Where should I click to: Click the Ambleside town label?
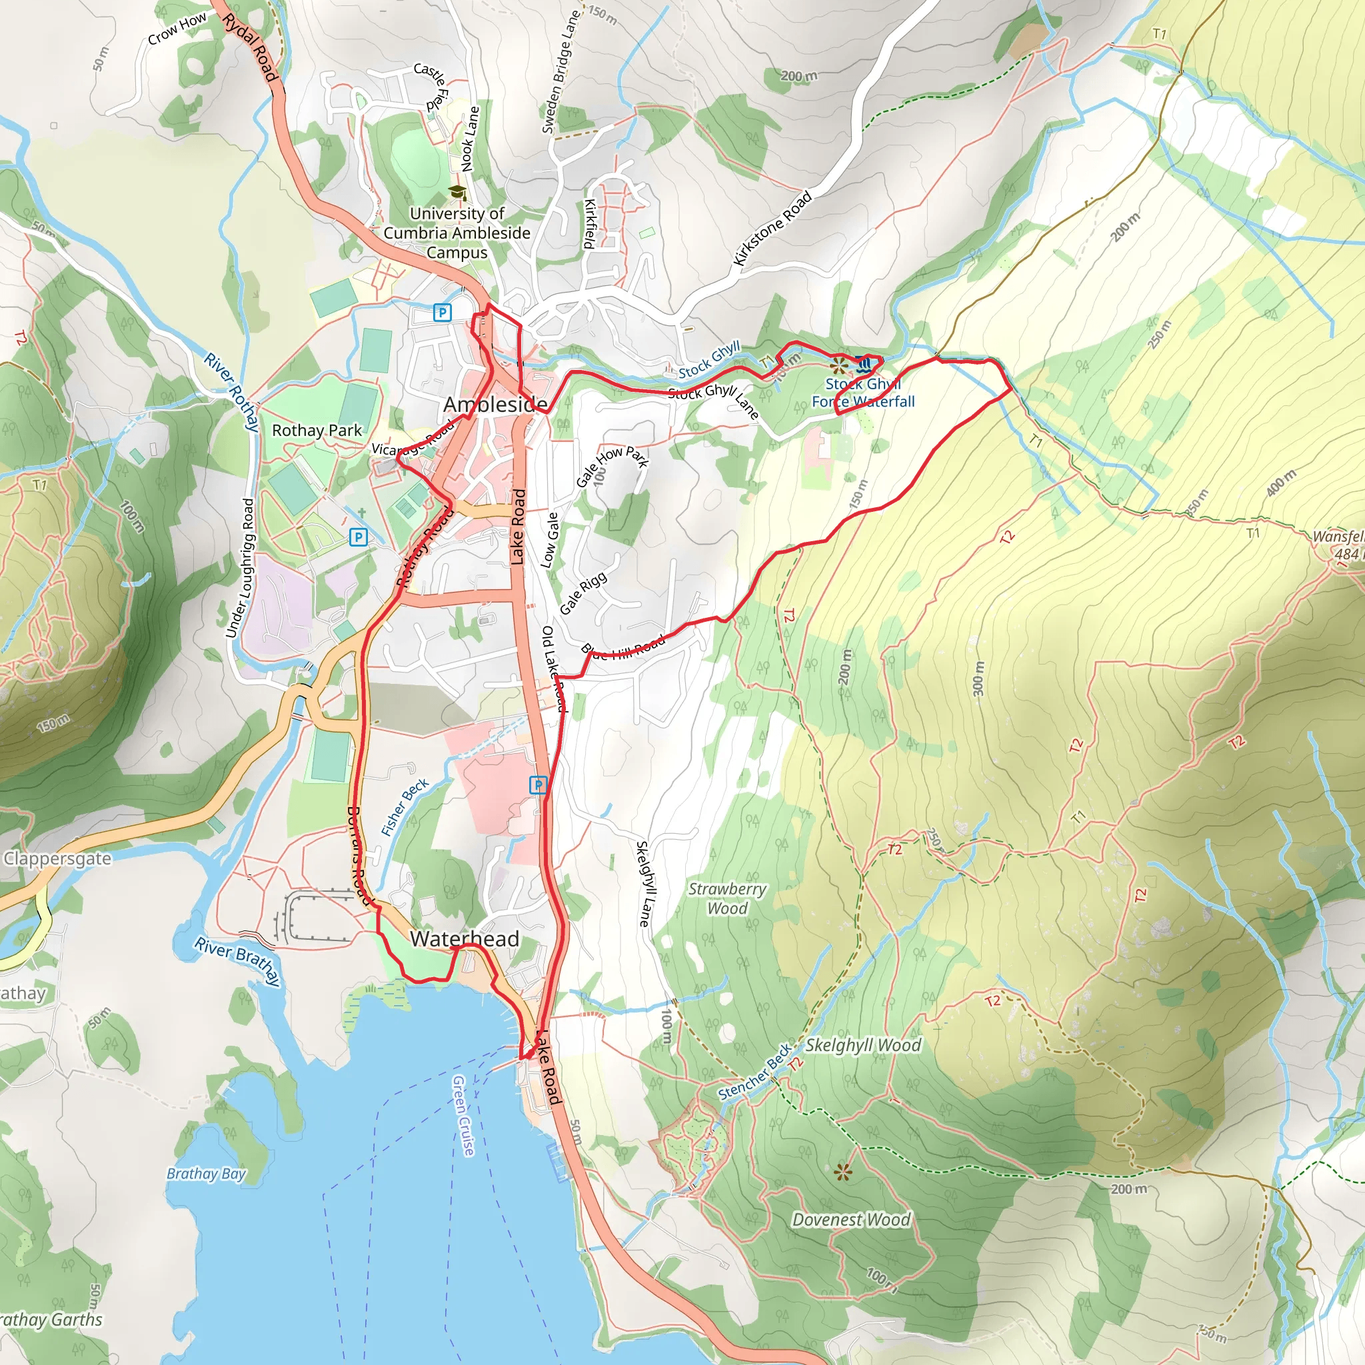(x=495, y=405)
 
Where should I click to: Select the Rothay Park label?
(x=317, y=431)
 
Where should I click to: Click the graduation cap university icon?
(x=458, y=192)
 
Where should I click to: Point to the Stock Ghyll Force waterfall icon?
(x=862, y=365)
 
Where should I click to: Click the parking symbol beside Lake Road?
(x=538, y=785)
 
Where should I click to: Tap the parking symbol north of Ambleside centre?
(x=443, y=313)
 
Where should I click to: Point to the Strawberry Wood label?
(x=727, y=898)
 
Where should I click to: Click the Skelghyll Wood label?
(x=862, y=1045)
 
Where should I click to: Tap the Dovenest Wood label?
(x=850, y=1220)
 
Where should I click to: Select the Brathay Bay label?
(x=205, y=1174)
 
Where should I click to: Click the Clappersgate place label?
(x=57, y=858)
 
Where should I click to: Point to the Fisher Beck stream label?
(x=404, y=808)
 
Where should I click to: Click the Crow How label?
(x=177, y=28)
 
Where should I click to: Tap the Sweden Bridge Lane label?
(x=561, y=72)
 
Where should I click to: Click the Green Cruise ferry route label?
(x=463, y=1116)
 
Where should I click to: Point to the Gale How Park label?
(x=612, y=465)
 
